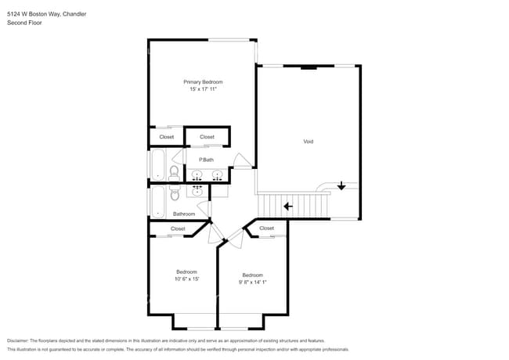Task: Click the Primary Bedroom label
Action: (x=203, y=82)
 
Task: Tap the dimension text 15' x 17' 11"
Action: (x=203, y=90)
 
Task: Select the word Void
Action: (x=309, y=142)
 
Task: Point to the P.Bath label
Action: (x=206, y=160)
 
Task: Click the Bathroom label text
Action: (x=184, y=214)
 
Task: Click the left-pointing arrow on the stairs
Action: (x=288, y=207)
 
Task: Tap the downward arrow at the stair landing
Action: (x=341, y=186)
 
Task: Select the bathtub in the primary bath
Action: (x=157, y=165)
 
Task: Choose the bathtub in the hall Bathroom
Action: (x=157, y=202)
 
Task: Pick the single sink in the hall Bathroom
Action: (x=197, y=190)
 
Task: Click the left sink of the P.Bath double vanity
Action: (x=197, y=175)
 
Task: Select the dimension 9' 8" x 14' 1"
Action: (x=252, y=283)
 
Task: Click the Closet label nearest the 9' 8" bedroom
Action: (x=266, y=229)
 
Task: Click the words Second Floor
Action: (x=24, y=23)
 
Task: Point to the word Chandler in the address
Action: (x=75, y=14)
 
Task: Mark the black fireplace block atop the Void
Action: (x=309, y=67)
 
